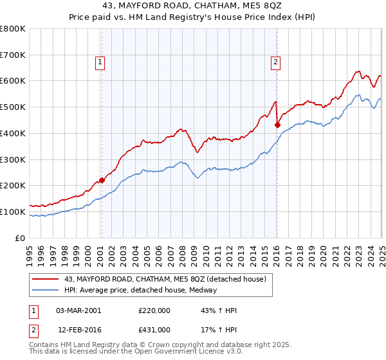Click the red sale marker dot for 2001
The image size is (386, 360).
pyautogui.click(x=102, y=181)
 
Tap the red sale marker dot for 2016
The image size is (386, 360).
pyautogui.click(x=277, y=125)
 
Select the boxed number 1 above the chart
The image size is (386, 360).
pyautogui.click(x=101, y=62)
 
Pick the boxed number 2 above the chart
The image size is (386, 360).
pyautogui.click(x=275, y=62)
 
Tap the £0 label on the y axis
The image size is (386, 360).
pyautogui.click(x=21, y=238)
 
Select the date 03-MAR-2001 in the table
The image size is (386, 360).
pyautogui.click(x=78, y=310)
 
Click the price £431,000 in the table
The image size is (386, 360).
pyautogui.click(x=154, y=329)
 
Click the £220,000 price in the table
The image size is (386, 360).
pyautogui.click(x=154, y=310)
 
